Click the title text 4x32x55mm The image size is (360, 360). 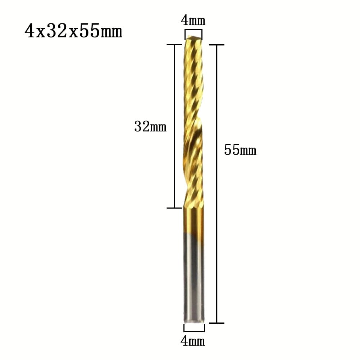73,32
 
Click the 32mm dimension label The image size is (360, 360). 150,127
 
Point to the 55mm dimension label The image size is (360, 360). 240,150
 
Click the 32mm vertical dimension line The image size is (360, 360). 174,126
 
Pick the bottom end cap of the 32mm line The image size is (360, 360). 174,208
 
